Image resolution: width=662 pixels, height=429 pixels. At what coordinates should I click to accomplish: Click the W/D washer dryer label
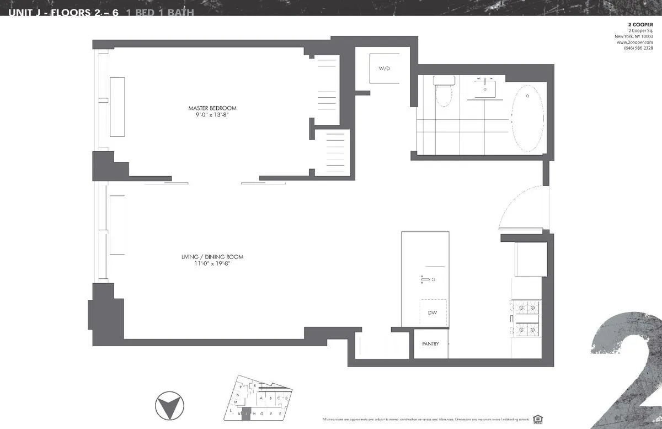384,68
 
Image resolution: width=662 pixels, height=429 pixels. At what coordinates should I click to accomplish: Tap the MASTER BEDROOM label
212,108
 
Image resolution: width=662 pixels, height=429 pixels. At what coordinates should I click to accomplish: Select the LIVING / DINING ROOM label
212,257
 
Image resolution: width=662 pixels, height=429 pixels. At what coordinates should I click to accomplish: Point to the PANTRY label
430,344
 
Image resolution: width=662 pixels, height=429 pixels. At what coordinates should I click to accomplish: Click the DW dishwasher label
433,313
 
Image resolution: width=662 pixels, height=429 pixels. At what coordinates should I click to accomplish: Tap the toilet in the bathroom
443,91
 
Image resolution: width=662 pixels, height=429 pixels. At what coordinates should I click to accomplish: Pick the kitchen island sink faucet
426,280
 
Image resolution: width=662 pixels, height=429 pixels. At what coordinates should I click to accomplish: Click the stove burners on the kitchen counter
526,318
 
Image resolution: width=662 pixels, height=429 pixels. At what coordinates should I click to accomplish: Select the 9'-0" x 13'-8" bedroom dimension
212,115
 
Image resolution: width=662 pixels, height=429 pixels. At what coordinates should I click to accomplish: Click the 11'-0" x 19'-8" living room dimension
212,264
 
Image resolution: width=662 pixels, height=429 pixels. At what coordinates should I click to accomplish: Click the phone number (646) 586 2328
638,47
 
